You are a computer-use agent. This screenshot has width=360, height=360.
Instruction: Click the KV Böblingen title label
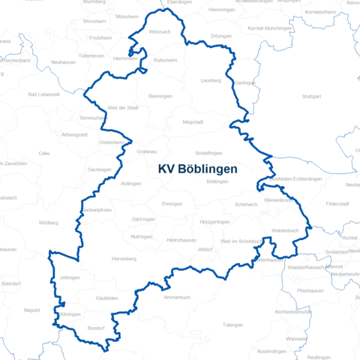tap(198, 169)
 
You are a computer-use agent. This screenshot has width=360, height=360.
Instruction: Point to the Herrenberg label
tap(124, 259)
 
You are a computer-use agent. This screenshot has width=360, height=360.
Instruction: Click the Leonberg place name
tap(212, 79)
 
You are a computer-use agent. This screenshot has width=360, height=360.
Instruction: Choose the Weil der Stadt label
tap(123, 108)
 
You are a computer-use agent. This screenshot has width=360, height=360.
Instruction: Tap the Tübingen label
tap(233, 325)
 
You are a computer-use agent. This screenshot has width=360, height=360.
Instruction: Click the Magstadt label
tap(193, 121)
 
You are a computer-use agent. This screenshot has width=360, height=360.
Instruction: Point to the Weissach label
tap(160, 32)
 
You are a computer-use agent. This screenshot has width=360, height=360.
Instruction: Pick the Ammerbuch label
tap(177, 297)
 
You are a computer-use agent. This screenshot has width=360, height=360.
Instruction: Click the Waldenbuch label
tap(286, 230)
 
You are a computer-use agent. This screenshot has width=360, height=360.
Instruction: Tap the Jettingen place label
tap(70, 277)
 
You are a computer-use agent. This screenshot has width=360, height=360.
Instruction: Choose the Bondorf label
tap(96, 328)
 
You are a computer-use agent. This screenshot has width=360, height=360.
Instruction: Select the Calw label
tap(44, 152)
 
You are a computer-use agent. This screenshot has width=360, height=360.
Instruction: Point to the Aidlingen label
tap(130, 183)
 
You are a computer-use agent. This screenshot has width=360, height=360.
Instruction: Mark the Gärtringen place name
tap(142, 219)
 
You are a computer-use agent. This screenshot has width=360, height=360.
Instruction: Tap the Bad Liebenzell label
tap(43, 94)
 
